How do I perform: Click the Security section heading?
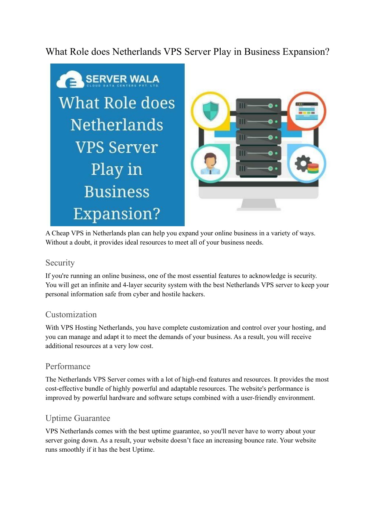(60, 263)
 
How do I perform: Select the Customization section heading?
(71, 315)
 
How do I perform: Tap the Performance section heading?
(68, 366)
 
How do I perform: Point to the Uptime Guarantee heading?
(78, 418)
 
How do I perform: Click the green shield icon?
(210, 111)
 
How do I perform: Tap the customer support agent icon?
(210, 163)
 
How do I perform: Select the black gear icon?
(303, 163)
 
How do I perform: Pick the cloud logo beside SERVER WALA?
(70, 80)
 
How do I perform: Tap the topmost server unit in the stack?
(258, 105)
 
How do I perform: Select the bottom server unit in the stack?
(258, 169)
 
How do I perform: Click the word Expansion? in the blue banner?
(117, 214)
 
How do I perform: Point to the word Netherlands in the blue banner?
(117, 125)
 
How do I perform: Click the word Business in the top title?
(262, 52)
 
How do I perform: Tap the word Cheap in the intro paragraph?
(61, 233)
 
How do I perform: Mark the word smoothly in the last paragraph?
(72, 450)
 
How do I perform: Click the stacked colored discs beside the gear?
(313, 168)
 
